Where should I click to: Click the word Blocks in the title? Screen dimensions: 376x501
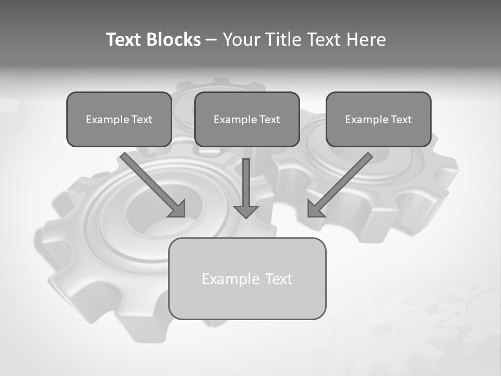tap(173, 40)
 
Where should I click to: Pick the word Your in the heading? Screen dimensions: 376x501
tap(242, 40)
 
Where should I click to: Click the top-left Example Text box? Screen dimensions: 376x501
tap(119, 119)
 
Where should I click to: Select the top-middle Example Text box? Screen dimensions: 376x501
tap(247, 119)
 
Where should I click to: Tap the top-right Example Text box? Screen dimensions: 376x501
tap(378, 119)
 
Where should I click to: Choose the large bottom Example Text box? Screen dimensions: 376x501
tap(247, 278)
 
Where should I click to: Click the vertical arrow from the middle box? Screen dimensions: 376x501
tap(246, 185)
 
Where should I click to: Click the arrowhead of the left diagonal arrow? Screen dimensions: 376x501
tap(178, 209)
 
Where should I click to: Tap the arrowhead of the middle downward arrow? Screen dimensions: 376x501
tap(246, 211)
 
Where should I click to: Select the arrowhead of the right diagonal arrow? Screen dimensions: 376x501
tap(315, 209)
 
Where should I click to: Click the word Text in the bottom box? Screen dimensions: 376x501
tap(279, 279)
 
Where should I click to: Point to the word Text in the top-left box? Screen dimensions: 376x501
tap(141, 120)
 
